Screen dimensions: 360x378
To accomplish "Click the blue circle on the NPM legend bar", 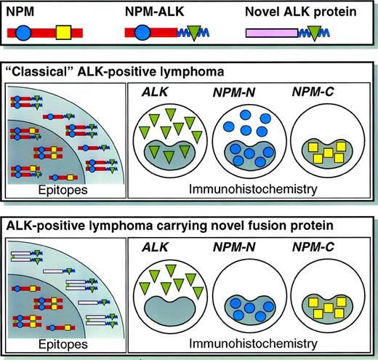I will click(23, 33).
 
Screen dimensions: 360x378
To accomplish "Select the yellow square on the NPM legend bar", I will click(63, 33).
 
